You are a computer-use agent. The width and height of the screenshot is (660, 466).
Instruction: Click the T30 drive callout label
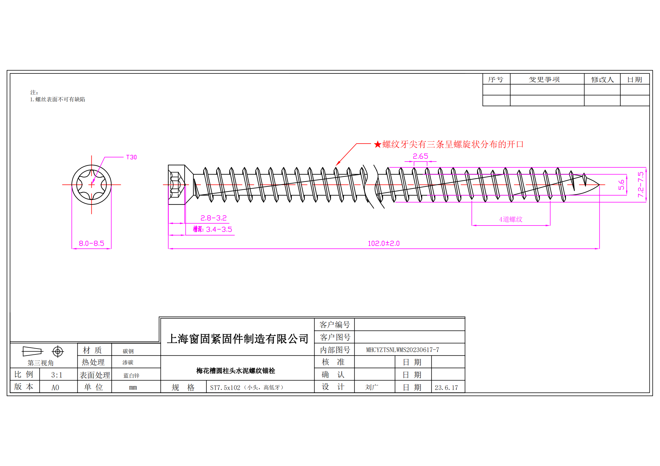tap(131, 157)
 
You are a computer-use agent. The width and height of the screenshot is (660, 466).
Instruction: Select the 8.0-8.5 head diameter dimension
tap(91, 243)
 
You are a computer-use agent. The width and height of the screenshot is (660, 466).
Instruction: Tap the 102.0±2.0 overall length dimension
tap(384, 243)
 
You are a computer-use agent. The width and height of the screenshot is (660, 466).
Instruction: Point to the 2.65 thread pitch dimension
tap(420, 156)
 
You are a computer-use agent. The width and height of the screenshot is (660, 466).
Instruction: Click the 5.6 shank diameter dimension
tap(621, 185)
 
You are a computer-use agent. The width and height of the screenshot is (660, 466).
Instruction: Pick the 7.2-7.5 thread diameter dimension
tap(641, 184)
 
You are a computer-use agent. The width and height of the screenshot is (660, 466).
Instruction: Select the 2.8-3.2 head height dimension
tap(213, 218)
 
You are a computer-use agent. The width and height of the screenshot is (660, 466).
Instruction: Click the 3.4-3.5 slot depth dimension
tap(219, 229)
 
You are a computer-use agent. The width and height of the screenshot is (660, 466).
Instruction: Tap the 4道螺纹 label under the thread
tap(511, 219)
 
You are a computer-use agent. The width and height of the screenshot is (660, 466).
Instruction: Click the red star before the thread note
tap(377, 144)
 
